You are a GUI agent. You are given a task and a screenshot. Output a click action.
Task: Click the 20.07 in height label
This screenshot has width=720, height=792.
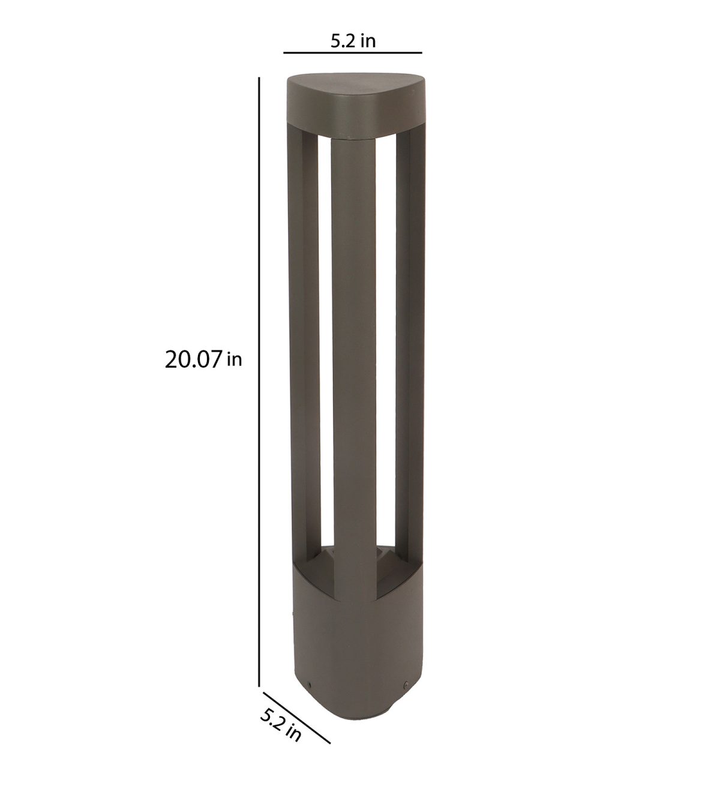coord(203,360)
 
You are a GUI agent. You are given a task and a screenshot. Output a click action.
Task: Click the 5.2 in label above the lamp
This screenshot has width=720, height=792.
coord(353,41)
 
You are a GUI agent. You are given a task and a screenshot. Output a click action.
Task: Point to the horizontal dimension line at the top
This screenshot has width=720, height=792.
coord(352,53)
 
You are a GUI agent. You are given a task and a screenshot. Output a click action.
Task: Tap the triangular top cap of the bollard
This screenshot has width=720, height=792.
coord(353,105)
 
